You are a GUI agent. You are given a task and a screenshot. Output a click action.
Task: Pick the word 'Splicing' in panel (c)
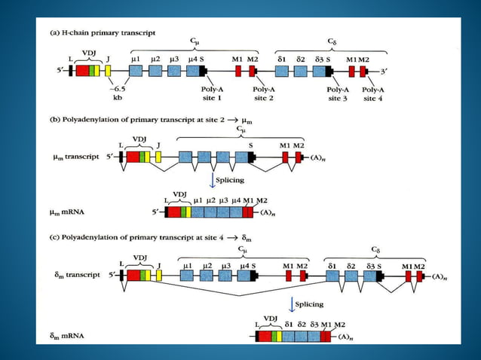308,304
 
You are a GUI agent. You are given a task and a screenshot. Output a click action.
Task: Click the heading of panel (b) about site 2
136,120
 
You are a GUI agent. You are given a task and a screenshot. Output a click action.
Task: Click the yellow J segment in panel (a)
108,71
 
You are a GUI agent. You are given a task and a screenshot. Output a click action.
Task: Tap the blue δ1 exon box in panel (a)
281,71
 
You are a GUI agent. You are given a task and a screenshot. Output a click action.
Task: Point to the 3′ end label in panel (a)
385,72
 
